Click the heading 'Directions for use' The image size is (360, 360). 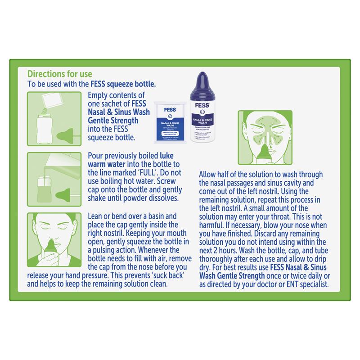pos(60,73)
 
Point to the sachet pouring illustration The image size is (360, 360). pos(54,114)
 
